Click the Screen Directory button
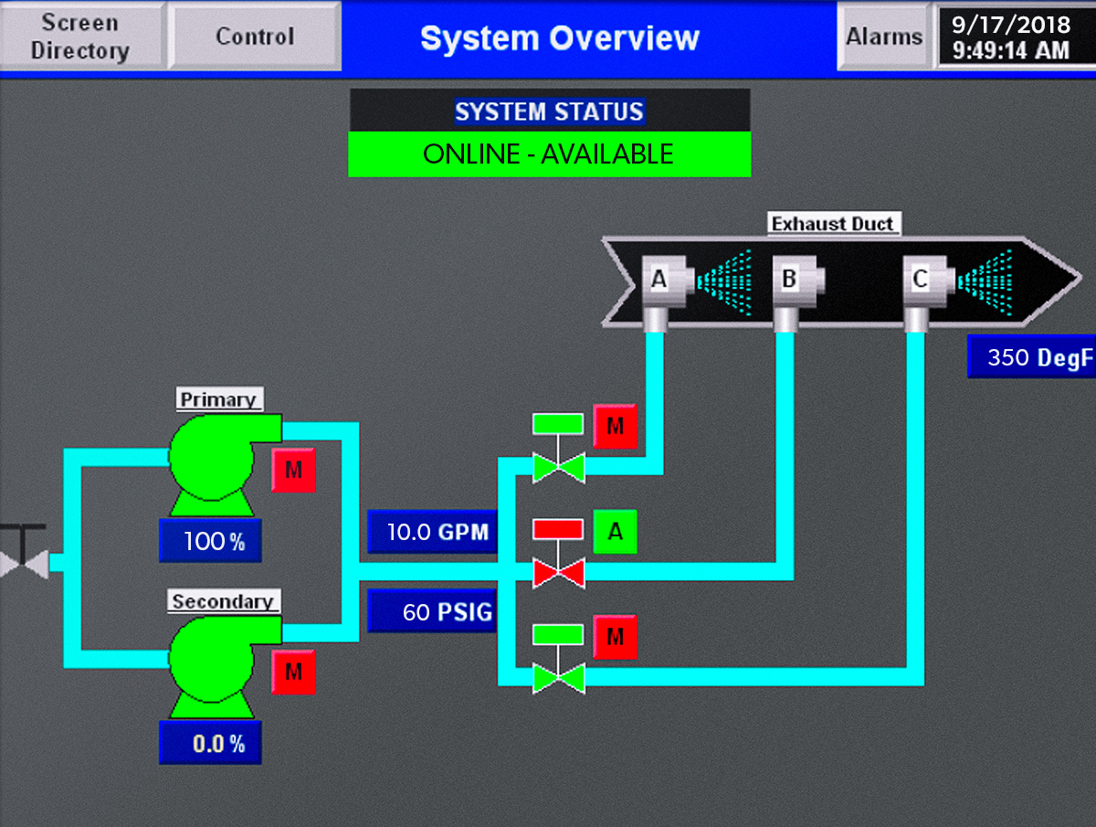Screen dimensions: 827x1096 (x=80, y=36)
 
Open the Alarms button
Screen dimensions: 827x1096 (x=883, y=37)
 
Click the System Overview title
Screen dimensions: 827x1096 (x=559, y=38)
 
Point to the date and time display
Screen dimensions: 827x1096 (x=1010, y=37)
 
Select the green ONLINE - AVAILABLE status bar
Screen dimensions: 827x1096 (x=549, y=154)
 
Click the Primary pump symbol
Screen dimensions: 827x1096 (x=214, y=462)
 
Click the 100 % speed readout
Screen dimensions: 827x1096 (x=210, y=541)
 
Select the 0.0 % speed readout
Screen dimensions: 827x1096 (x=210, y=743)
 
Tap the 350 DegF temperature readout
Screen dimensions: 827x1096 (x=1031, y=357)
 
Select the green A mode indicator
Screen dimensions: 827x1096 (x=615, y=532)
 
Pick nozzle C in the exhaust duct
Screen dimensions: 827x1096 (x=921, y=279)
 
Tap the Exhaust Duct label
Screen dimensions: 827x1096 (x=833, y=224)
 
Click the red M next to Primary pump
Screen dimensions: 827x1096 (x=293, y=471)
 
